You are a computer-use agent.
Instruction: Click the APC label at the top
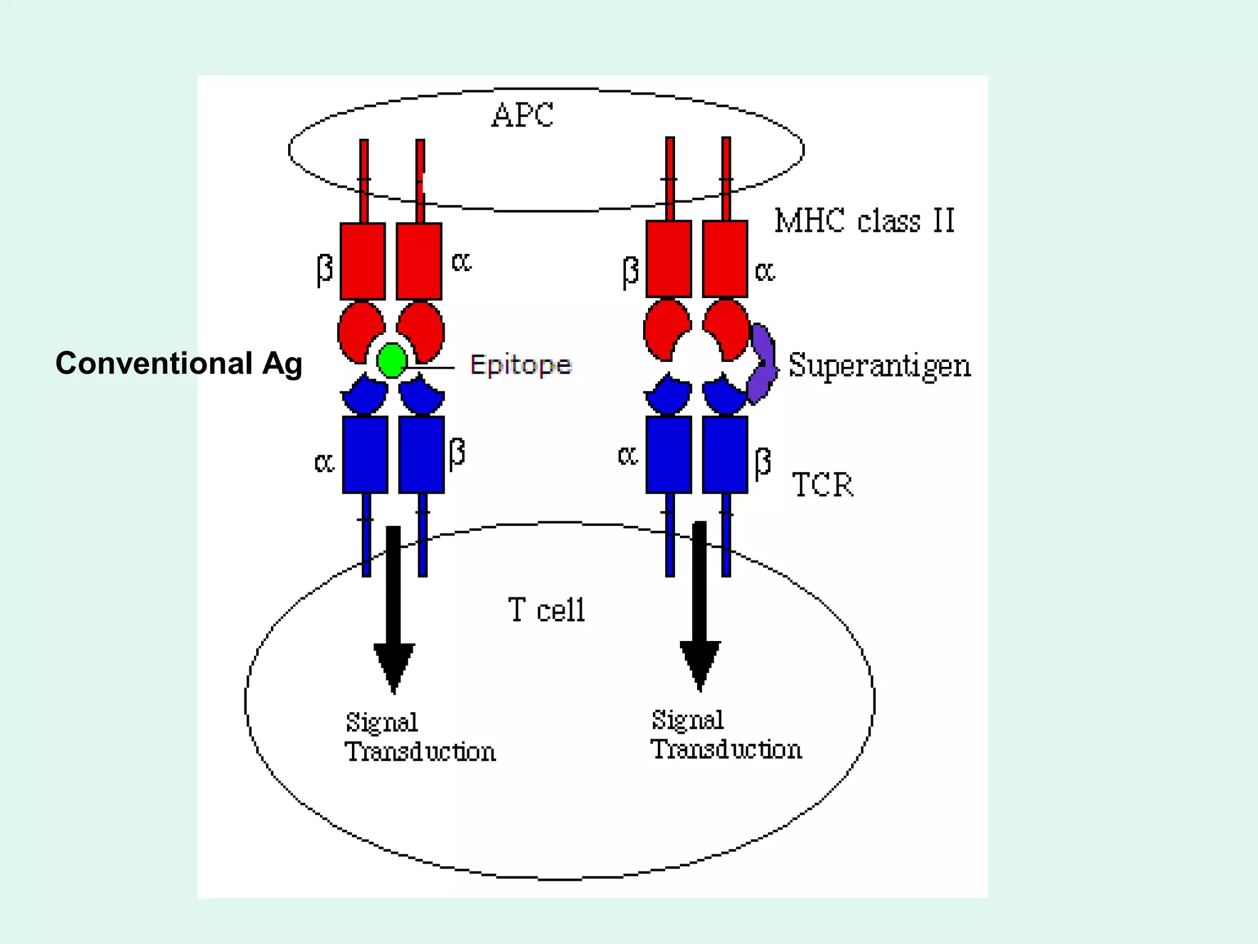tap(522, 115)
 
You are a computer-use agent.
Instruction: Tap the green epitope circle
tap(391, 360)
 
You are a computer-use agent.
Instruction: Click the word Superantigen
tap(879, 366)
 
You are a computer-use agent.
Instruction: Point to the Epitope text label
tap(521, 365)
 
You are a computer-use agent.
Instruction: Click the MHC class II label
tap(864, 221)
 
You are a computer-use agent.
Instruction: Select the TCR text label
tap(822, 485)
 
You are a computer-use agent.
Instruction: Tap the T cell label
tap(546, 610)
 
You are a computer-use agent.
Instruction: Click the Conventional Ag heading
tap(179, 363)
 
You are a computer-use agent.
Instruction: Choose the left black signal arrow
tap(394, 608)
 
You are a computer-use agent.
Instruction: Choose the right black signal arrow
tap(700, 605)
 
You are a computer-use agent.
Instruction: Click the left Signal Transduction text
tap(420, 737)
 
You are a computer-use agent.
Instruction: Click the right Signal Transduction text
tap(726, 734)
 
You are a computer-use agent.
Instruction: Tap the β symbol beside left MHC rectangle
tap(324, 269)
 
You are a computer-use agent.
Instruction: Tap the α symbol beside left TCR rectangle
tap(324, 462)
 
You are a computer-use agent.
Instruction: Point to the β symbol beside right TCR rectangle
tap(762, 462)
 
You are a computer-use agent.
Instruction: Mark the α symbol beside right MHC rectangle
tap(765, 270)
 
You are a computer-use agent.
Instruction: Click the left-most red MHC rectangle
tap(363, 261)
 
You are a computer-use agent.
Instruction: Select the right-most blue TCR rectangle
tap(725, 454)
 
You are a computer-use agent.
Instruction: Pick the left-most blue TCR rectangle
tap(365, 454)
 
